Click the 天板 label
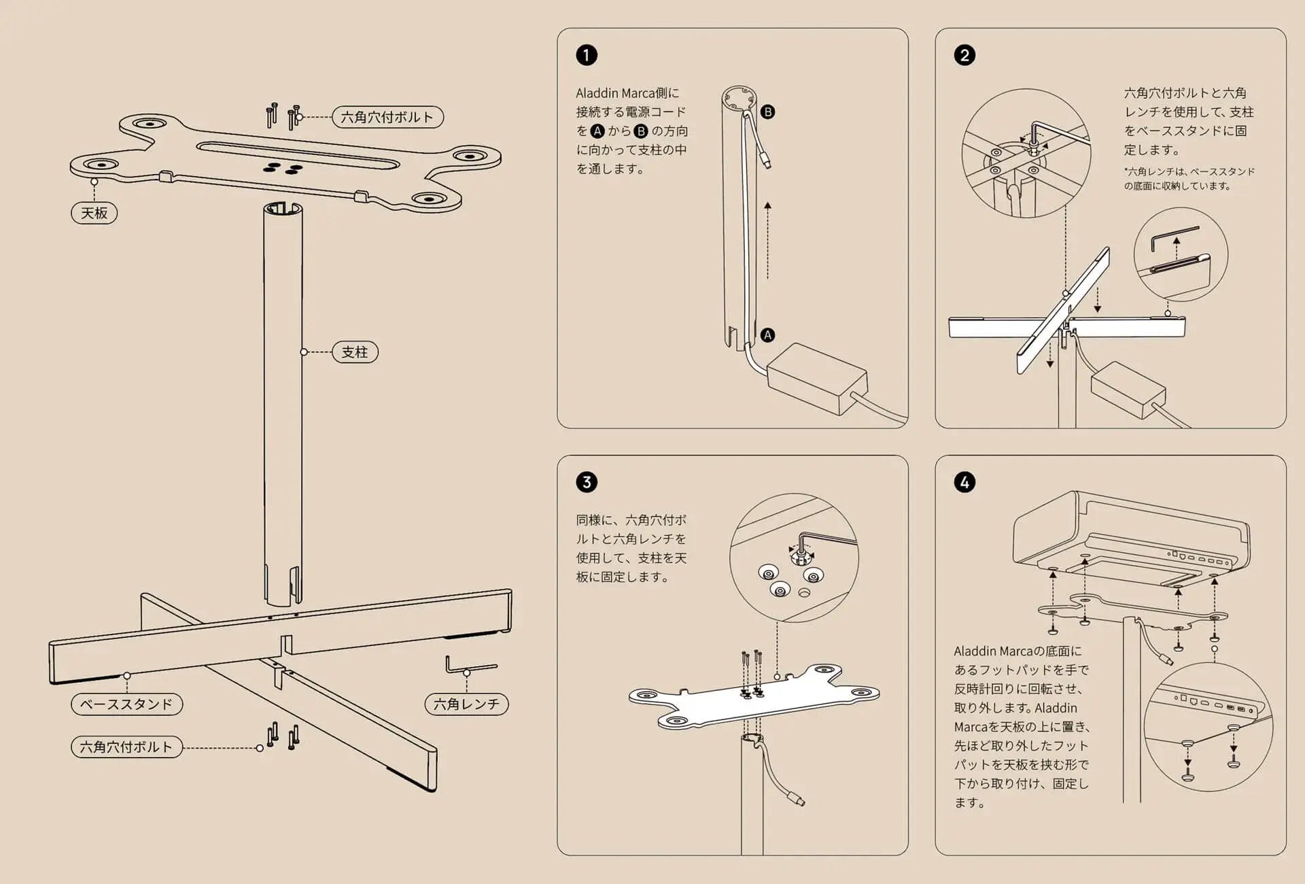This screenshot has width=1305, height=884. click(x=94, y=213)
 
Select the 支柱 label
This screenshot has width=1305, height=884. click(x=354, y=352)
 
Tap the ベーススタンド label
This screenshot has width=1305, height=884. click(x=126, y=704)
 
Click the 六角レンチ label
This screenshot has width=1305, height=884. click(x=466, y=704)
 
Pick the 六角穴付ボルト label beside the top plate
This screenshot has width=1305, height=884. click(x=387, y=117)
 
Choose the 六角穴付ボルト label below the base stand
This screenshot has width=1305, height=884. click(x=126, y=747)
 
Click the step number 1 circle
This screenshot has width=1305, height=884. click(x=587, y=55)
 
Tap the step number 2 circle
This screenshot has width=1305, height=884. click(x=964, y=55)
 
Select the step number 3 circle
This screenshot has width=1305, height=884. click(x=587, y=482)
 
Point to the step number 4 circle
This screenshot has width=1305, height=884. click(x=964, y=482)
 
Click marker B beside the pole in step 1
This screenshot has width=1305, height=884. click(x=767, y=112)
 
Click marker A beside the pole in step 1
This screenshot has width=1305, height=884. click(x=767, y=335)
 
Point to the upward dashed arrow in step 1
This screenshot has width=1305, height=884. click(x=768, y=238)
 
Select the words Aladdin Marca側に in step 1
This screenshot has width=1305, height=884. click(x=627, y=93)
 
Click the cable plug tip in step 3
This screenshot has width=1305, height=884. click(x=800, y=800)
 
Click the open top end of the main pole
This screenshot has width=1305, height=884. click(x=283, y=207)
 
